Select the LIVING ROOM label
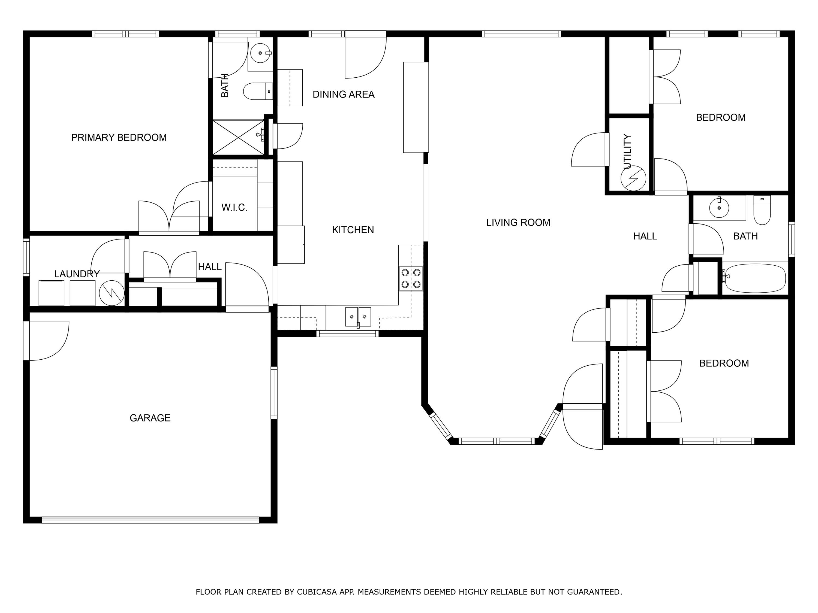(518, 222)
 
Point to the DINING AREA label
(343, 95)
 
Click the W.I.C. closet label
(234, 207)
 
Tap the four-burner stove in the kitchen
(411, 278)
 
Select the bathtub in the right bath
(755, 278)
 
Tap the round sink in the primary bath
(260, 53)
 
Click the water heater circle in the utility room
(633, 178)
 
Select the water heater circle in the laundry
(112, 293)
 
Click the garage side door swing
(47, 340)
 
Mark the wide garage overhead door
(150, 519)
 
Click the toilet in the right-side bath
(762, 211)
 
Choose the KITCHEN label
(353, 230)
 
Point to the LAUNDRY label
(77, 274)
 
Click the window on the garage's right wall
(274, 392)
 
